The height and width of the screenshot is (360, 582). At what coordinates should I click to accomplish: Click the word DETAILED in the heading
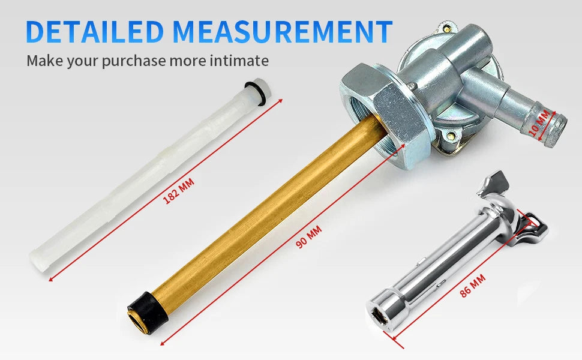(95, 31)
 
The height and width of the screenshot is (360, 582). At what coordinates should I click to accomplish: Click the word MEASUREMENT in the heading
(283, 31)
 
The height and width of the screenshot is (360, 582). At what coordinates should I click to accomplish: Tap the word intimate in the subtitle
(239, 60)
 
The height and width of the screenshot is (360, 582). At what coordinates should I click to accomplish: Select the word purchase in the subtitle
(134, 61)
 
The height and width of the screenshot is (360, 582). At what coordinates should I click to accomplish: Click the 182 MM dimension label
(178, 191)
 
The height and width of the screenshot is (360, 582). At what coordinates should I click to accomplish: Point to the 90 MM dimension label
(308, 237)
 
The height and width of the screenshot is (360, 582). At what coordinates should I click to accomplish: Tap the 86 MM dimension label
(473, 286)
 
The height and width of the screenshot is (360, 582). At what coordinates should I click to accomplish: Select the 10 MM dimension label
(539, 122)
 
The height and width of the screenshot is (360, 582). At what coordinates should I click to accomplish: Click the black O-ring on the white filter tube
(256, 93)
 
